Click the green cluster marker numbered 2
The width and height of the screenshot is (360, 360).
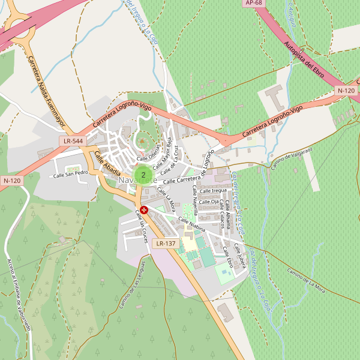coord(143,175)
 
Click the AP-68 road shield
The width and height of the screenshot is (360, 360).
coord(254,3)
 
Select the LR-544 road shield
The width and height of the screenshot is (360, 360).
coord(73,141)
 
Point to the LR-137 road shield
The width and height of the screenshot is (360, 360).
coord(165,244)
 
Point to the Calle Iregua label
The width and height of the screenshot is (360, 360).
coord(214,191)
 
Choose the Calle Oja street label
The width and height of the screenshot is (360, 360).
coord(209,202)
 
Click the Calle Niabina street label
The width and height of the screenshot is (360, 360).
coord(192,225)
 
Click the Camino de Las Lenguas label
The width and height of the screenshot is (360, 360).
coord(132,284)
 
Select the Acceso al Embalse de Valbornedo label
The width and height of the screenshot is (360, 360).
coord(18,294)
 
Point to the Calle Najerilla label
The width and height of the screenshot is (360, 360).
coord(194,204)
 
